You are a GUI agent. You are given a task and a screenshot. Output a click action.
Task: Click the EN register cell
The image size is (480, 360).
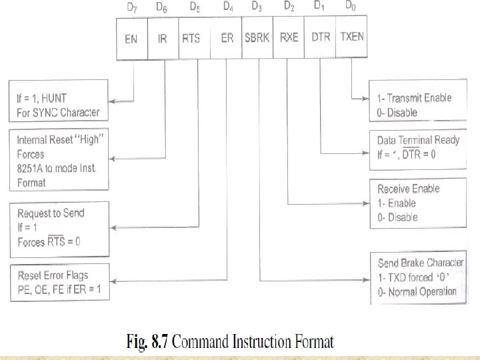(x=131, y=38)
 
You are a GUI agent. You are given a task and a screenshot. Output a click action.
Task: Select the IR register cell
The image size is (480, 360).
(x=163, y=38)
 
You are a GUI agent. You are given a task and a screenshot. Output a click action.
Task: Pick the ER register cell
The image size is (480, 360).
(x=226, y=38)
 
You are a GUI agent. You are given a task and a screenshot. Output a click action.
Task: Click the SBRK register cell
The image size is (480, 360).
(x=257, y=38)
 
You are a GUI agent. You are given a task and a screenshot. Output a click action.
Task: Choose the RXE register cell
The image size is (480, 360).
(x=289, y=38)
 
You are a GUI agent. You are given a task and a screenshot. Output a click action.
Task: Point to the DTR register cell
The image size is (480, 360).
(x=321, y=38)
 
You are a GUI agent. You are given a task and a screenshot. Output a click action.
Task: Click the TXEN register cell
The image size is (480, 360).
(x=352, y=38)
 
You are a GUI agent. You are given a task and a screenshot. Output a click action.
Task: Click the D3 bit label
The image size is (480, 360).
(x=257, y=7)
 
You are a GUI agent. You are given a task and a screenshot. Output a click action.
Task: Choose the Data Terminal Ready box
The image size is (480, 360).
(x=416, y=147)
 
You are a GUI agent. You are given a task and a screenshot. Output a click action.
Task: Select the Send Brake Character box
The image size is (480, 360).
(x=416, y=277)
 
